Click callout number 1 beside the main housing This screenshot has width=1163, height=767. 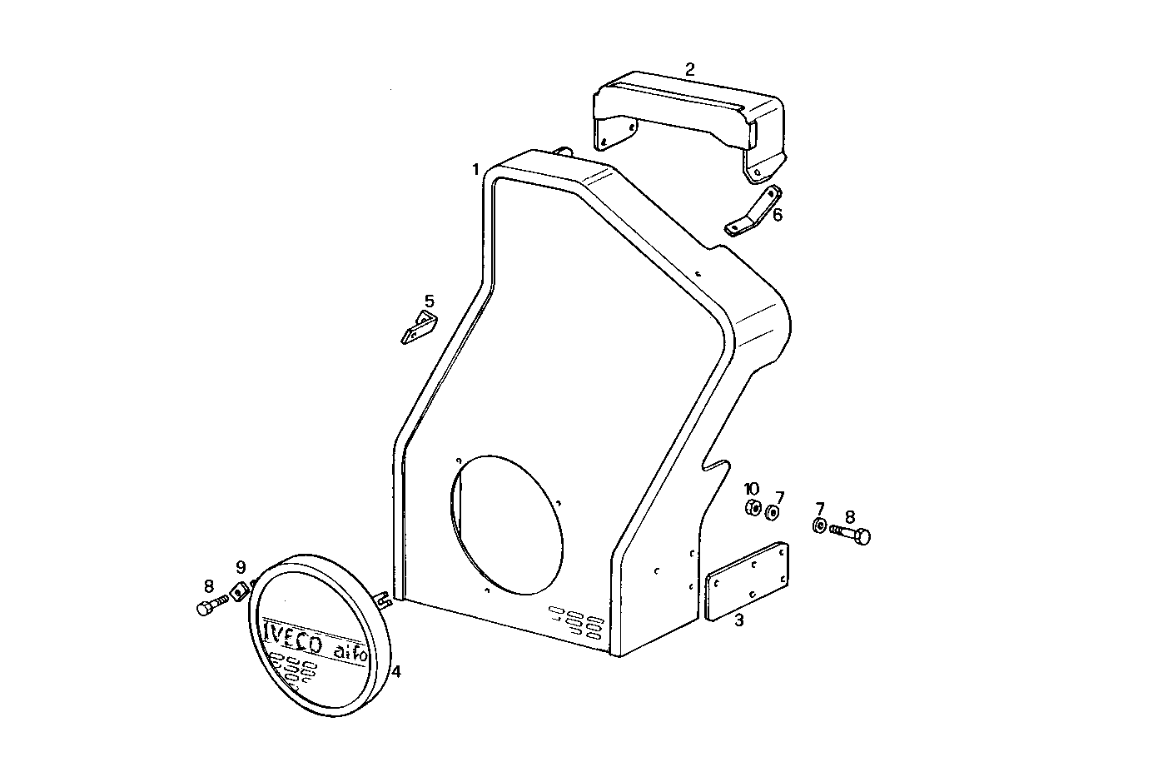tap(475, 170)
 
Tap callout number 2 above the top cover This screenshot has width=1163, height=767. tap(689, 69)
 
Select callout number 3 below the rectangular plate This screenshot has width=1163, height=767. tap(738, 620)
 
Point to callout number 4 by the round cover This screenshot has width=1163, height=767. tap(396, 671)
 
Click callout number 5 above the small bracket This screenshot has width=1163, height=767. tap(430, 301)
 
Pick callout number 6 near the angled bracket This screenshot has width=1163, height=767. tap(778, 215)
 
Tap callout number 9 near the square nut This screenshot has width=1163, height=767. tap(241, 568)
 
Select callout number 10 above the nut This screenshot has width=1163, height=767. tap(752, 488)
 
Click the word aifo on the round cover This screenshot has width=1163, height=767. tap(350, 651)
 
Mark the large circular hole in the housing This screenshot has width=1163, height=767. tap(506, 525)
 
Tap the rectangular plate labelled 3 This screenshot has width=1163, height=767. tap(747, 580)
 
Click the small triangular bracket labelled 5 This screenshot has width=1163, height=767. tap(419, 328)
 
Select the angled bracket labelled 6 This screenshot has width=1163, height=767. tap(754, 212)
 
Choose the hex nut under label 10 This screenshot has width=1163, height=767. tap(752, 508)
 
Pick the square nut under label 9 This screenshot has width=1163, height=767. tap(240, 590)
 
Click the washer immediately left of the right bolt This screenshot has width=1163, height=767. tap(818, 525)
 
